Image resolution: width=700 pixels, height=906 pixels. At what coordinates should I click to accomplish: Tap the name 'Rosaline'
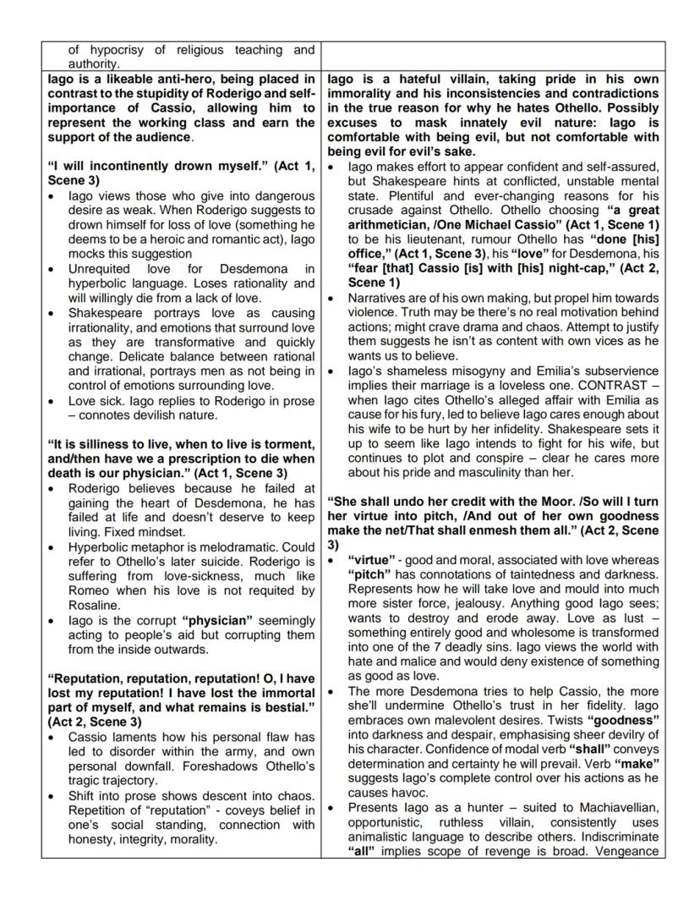tap(94, 604)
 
